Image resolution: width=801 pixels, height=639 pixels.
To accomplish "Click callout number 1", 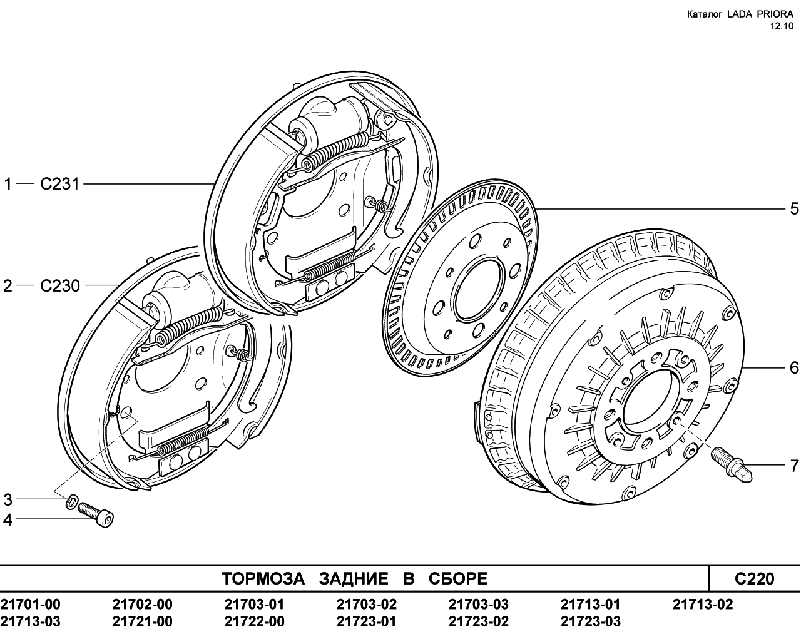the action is (x=8, y=184).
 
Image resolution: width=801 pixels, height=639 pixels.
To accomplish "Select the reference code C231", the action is (x=59, y=184).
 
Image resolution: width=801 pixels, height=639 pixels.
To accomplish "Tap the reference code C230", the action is (x=60, y=285).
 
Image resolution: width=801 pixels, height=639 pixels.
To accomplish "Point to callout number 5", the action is (x=794, y=209).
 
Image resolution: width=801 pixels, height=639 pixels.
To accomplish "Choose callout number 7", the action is (x=794, y=466).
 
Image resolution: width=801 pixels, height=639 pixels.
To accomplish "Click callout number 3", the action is (x=8, y=499).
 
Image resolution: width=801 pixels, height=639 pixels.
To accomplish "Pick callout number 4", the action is (x=8, y=520).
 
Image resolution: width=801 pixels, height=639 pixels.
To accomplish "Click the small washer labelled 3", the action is (x=71, y=501).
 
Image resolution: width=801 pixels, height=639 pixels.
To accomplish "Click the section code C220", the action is (x=755, y=579).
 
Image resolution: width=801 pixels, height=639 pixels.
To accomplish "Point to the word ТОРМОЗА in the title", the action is (x=263, y=579).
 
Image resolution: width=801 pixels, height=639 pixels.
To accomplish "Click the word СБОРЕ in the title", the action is (x=458, y=579).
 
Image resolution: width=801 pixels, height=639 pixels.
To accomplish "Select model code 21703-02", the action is (x=367, y=604).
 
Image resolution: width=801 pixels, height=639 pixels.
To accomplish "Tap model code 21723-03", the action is (x=591, y=621).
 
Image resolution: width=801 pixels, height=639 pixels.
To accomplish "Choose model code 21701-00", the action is (x=31, y=604).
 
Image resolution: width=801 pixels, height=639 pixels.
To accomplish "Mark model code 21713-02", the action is (x=703, y=604).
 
